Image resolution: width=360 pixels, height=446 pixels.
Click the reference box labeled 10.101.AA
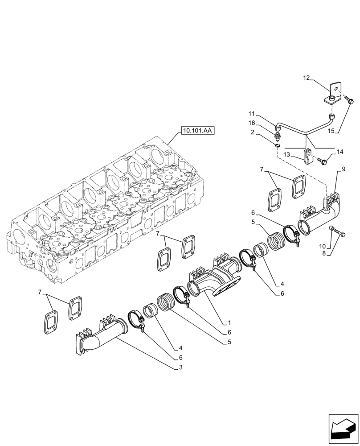point(196,131)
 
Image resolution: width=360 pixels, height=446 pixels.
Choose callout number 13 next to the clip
point(286,154)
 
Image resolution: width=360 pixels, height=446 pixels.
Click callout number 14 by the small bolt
point(340,152)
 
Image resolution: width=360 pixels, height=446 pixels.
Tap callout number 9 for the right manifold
point(344,169)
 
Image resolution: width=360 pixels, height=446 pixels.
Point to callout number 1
point(229,322)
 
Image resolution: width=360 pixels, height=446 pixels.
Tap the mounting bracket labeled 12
point(334,93)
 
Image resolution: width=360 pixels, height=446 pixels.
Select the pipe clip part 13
point(307,157)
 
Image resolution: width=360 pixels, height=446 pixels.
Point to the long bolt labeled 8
point(340,231)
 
